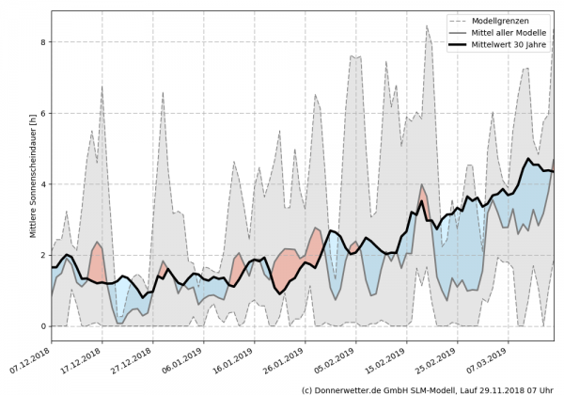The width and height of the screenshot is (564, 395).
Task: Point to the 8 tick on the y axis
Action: (42, 42)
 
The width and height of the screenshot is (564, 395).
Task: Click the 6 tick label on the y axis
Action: (42, 114)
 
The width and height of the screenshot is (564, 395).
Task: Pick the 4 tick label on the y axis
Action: (42, 184)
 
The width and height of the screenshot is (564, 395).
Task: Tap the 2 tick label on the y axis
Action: (42, 256)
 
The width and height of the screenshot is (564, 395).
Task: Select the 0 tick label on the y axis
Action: (42, 326)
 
